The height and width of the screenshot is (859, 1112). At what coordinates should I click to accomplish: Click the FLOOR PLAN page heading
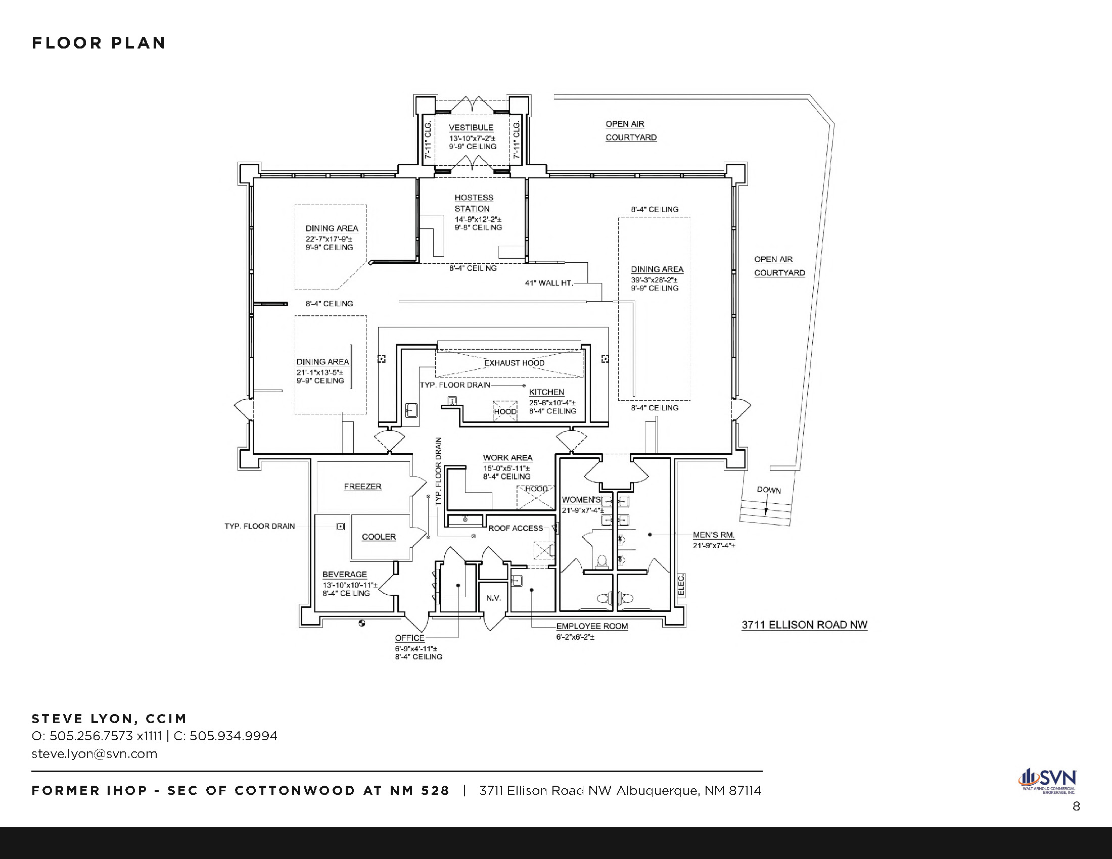point(99,43)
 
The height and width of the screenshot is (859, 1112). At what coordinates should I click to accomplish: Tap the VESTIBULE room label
point(471,128)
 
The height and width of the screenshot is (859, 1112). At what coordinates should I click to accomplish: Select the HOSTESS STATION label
point(474,203)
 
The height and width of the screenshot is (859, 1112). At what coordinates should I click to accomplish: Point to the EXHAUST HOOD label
point(514,363)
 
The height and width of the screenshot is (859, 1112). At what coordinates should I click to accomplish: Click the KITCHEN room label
point(546,392)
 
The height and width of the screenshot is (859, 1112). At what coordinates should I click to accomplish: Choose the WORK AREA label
point(507,458)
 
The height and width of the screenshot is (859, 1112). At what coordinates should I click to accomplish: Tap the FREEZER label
point(362,487)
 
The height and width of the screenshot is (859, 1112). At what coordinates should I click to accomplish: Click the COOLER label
point(379,537)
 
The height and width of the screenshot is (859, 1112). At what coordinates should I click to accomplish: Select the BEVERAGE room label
point(345,575)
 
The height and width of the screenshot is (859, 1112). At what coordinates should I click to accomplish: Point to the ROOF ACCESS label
point(516,528)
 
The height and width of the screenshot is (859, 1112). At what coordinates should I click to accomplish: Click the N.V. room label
point(493,598)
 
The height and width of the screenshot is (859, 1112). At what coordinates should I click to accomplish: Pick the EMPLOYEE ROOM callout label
point(592,627)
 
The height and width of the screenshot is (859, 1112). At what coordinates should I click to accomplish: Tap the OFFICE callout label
point(410,638)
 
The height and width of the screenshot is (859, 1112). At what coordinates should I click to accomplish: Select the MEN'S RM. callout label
point(714,535)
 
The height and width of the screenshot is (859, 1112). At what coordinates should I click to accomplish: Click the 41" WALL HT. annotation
point(549,283)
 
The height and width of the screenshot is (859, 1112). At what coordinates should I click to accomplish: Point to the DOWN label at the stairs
point(769,490)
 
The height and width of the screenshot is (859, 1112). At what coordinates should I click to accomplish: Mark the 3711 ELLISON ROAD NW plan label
point(805,625)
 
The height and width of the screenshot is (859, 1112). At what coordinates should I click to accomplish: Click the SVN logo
point(1047,781)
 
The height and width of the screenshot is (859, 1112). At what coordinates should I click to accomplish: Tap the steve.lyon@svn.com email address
point(94,754)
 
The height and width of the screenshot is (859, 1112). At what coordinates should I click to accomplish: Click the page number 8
point(1076,806)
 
